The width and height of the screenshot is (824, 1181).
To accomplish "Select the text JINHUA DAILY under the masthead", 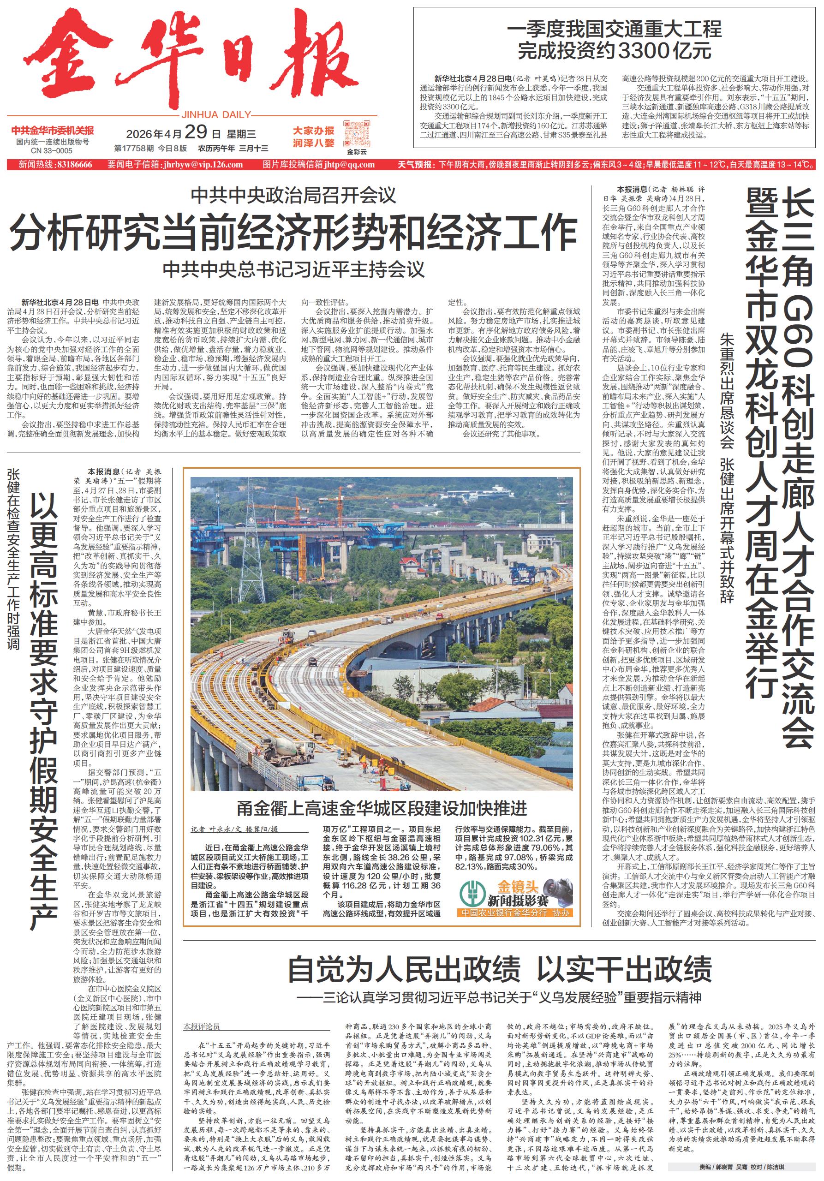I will (x=216, y=115).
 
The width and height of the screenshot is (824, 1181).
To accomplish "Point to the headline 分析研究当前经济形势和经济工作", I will (x=293, y=232).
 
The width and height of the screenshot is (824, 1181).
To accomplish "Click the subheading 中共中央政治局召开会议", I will (x=293, y=196).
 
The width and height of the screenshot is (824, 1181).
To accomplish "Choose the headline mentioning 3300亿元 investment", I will (x=614, y=40).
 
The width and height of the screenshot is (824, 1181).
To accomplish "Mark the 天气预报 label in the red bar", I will (x=415, y=165).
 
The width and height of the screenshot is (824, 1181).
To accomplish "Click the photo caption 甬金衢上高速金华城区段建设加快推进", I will (x=382, y=809).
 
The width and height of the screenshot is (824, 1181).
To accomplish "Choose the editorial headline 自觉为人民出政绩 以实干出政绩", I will (x=499, y=970).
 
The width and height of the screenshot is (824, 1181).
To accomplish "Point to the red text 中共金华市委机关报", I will (x=53, y=131).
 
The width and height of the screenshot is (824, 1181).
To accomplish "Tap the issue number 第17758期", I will (x=134, y=149).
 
